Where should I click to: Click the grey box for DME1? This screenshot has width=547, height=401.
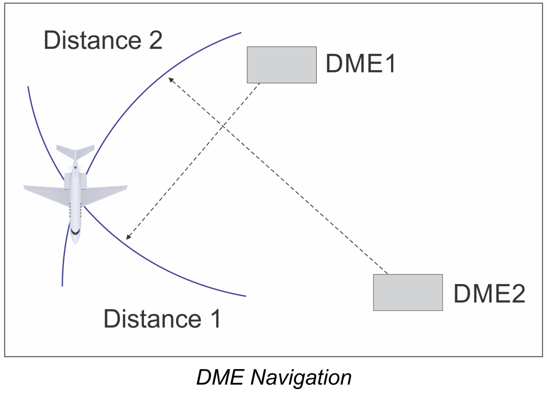coord(282,64)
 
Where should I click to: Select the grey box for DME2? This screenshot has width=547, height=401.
coord(408,292)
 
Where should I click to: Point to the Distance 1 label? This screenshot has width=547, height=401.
coord(162,319)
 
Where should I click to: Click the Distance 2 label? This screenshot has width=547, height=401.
coord(103,40)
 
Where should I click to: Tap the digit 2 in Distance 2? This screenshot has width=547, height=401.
coord(154,40)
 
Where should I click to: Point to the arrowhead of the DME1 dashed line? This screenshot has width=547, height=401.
coord(127,238)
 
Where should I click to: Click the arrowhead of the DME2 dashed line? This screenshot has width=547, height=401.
coord(170,79)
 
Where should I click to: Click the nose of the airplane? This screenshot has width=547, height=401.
coord(75,242)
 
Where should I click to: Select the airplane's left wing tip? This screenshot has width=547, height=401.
coord(25,187)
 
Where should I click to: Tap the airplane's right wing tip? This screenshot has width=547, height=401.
coord(126,187)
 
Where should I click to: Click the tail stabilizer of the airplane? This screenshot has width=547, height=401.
coord(75,152)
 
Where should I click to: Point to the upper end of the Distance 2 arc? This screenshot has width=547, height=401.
coord(241,32)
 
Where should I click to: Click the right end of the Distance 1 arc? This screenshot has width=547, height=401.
coord(246,296)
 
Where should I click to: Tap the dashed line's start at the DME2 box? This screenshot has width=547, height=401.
coord(387,273)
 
